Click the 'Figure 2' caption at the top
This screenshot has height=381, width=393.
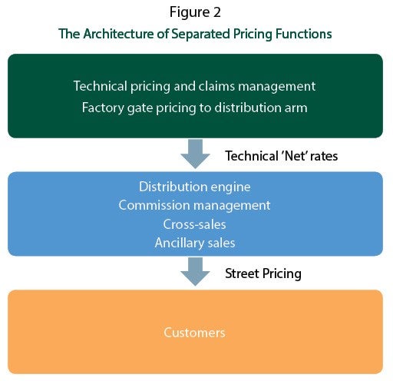click(195, 13)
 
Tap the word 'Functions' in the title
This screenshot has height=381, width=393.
click(304, 34)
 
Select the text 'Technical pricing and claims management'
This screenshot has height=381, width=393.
click(194, 87)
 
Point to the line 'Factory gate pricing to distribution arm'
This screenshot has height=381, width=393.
click(194, 108)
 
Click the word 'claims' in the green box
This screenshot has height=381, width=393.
click(217, 86)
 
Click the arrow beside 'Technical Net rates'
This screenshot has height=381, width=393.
click(195, 154)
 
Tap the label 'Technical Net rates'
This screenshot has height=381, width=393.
click(282, 156)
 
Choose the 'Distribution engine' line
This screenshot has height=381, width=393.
click(195, 187)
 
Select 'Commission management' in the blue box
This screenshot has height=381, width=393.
click(194, 206)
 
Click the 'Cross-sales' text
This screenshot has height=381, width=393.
click(195, 224)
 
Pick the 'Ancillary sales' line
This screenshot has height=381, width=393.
click(195, 243)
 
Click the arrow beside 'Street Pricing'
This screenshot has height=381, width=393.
click(195, 272)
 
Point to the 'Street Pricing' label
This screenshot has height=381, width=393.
click(263, 273)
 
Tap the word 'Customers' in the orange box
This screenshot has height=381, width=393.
click(194, 333)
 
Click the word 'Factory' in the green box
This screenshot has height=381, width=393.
click(103, 108)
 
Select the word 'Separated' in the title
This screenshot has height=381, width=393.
click(200, 35)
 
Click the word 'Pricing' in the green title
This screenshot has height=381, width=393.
click(253, 35)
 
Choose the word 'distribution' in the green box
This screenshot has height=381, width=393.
click(248, 108)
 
